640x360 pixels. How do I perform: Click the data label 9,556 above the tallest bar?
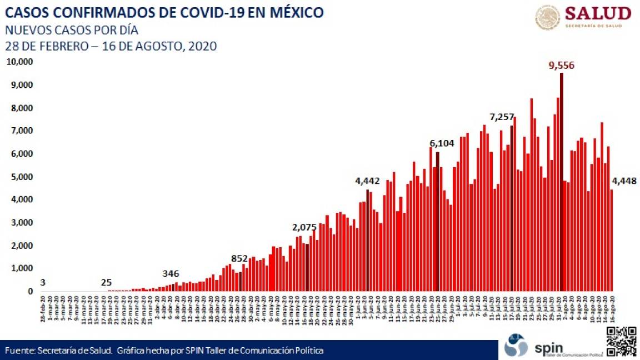[x=561, y=66]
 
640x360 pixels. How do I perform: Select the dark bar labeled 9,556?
[x=561, y=183]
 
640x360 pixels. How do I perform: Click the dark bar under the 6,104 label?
[x=437, y=222]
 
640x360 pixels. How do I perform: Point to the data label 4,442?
[x=367, y=181]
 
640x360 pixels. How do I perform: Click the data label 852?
[x=239, y=258]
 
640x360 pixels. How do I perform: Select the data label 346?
[x=172, y=273]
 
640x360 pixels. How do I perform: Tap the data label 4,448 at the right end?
[x=624, y=181]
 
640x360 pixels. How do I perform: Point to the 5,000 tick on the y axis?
[x=21, y=177]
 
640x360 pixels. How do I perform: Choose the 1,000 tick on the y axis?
[x=21, y=268]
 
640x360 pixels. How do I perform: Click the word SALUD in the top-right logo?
[x=598, y=13]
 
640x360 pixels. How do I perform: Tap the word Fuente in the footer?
[x=17, y=351]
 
